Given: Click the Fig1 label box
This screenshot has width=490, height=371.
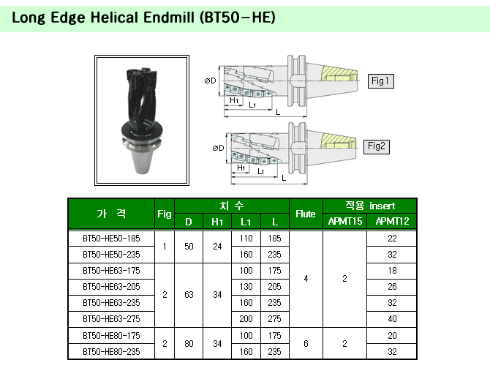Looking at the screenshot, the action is (x=380, y=81).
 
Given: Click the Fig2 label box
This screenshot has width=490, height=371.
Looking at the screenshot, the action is (x=377, y=146).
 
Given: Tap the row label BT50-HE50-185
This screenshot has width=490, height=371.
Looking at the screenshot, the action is (x=111, y=239).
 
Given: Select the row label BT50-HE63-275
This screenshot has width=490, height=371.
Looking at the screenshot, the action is (x=111, y=319).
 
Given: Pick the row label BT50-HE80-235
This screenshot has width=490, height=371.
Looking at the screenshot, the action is (x=111, y=352).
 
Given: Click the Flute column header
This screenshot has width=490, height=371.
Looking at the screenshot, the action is (x=305, y=214).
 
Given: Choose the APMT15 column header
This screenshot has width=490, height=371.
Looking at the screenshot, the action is (x=345, y=221).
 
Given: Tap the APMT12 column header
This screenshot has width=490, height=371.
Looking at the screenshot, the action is (x=392, y=221).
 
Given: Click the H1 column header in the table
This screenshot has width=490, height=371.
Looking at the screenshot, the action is (x=217, y=222).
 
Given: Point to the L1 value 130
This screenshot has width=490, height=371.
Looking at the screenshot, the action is (x=246, y=287).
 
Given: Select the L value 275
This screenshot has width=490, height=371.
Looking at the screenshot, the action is (x=274, y=319).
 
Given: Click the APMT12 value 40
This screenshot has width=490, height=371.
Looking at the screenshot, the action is (x=392, y=319).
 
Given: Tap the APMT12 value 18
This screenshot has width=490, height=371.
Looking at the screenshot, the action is (x=392, y=271).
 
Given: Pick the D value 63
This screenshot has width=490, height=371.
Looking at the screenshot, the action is (x=189, y=295).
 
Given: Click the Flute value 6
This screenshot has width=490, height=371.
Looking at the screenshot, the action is (x=306, y=344).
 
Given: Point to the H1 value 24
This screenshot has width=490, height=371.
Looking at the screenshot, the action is (x=217, y=247).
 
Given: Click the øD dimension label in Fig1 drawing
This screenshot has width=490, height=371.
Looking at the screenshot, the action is (x=211, y=80).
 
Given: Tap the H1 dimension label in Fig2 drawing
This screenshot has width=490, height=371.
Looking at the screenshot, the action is (x=241, y=168).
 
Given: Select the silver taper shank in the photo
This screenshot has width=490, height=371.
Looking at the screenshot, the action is (x=142, y=157).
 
